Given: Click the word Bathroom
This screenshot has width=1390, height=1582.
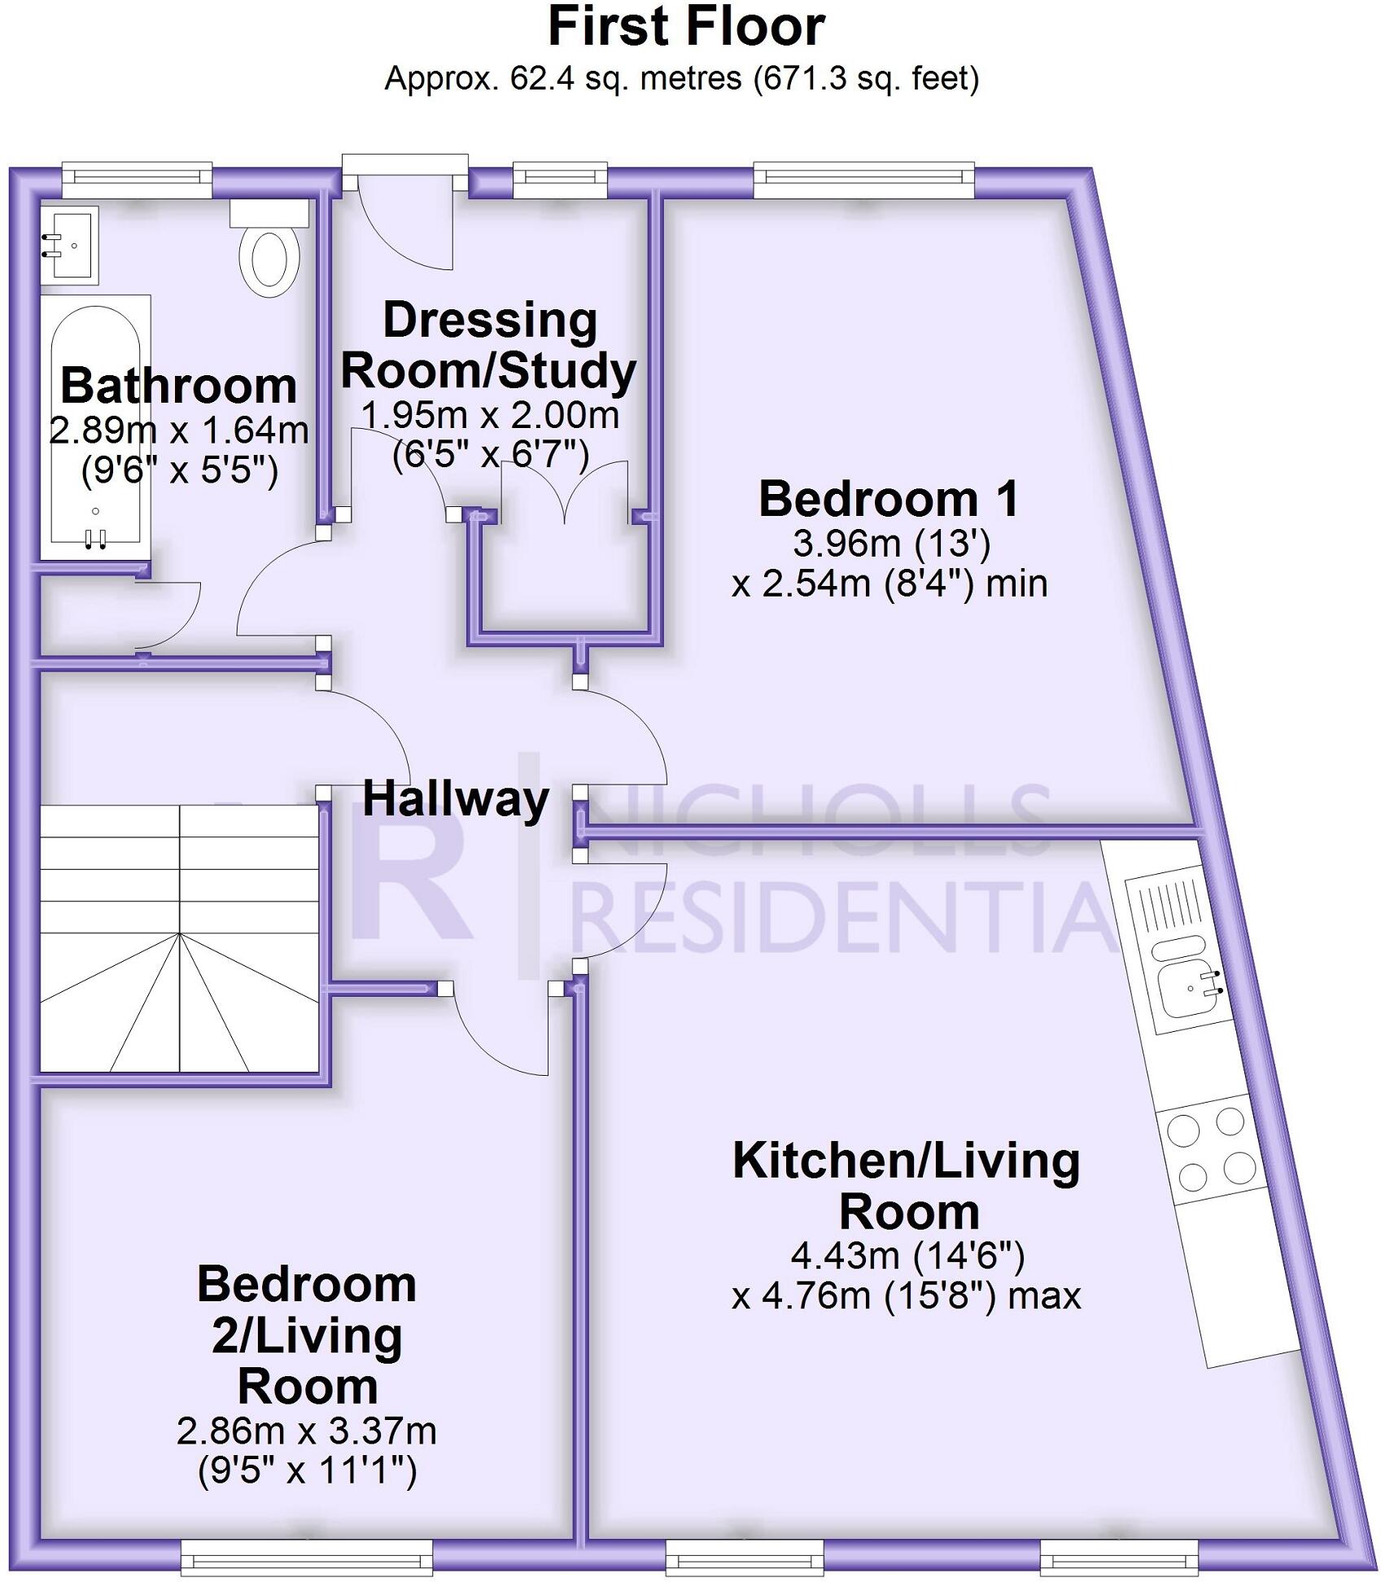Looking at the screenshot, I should coord(178,385).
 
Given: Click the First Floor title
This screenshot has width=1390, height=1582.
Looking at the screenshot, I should coord(686,27).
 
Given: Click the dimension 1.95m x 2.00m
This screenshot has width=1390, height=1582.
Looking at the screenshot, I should coord(489,415).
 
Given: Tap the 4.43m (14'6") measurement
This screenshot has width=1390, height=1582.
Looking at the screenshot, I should coord(907,1256).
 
